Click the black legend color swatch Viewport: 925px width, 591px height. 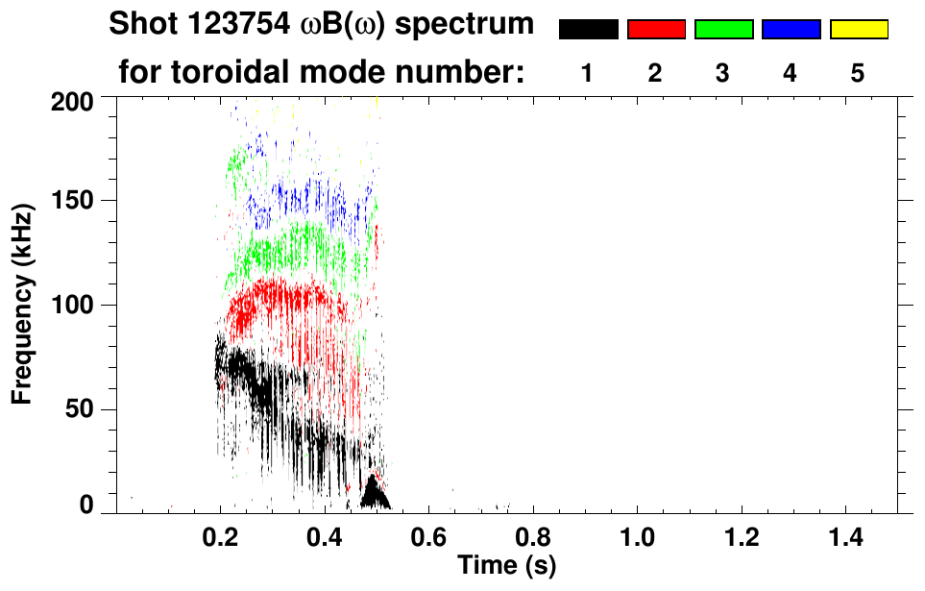(x=588, y=30)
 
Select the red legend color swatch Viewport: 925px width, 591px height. (x=656, y=30)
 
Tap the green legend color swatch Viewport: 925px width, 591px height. (x=723, y=30)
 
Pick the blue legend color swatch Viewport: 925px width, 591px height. (x=791, y=30)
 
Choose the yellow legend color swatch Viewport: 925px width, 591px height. (x=859, y=30)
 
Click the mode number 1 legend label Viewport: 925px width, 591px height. (x=587, y=73)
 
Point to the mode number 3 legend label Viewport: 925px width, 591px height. (x=722, y=73)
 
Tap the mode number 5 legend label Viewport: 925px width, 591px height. (x=858, y=73)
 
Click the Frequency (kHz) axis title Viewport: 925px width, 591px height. (x=22, y=303)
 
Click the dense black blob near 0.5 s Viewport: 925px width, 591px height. (x=375, y=494)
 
